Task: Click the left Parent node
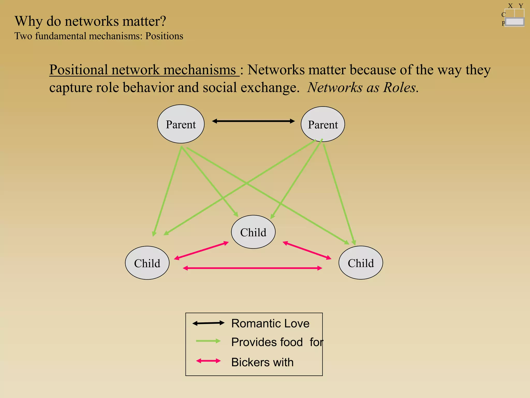click(x=181, y=124)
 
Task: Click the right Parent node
click(x=323, y=124)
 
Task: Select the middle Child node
click(x=253, y=232)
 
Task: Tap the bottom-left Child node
click(x=147, y=263)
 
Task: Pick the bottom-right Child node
click(x=361, y=263)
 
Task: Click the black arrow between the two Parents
click(x=253, y=121)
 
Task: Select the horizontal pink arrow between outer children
click(x=252, y=268)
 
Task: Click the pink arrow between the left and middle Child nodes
click(x=201, y=250)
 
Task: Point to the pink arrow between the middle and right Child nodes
click(x=307, y=250)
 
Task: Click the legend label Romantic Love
click(x=270, y=323)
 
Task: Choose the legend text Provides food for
click(x=277, y=342)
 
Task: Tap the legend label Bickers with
click(x=262, y=362)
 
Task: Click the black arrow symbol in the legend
click(x=208, y=323)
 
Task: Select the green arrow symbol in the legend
click(x=208, y=341)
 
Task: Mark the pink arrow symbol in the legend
click(x=208, y=361)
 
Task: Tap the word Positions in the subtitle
click(x=164, y=36)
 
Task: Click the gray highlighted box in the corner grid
click(x=514, y=22)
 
